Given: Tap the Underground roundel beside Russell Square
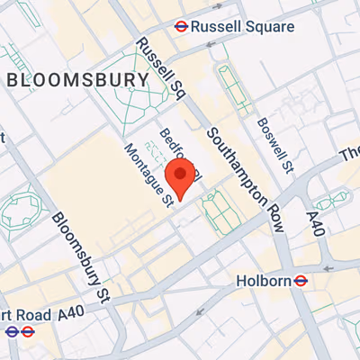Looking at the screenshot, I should click(181, 27).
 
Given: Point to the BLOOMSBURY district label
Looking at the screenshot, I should click(77, 80).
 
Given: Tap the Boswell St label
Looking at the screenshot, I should click(275, 143).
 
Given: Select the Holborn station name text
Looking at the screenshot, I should click(263, 281).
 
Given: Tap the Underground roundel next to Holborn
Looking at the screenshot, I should click(301, 281).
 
